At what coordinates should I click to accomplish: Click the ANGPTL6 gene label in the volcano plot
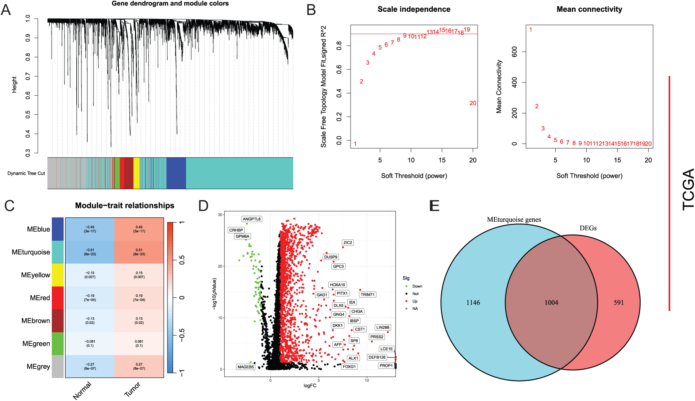coord(252,219)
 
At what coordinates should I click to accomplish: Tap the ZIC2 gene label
coord(348,242)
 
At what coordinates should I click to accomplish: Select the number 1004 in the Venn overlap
coord(551,302)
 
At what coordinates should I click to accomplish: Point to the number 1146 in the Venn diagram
coord(473,302)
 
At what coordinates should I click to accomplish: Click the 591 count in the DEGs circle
coord(618,302)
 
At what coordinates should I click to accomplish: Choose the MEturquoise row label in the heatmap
coord(31,252)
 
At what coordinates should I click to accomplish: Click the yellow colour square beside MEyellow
coord(58,275)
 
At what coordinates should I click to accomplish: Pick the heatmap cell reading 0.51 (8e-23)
coord(139,252)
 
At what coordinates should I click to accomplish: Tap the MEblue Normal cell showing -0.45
coord(90,229)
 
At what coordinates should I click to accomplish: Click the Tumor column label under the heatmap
coord(132,389)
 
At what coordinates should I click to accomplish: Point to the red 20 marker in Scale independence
coord(473,103)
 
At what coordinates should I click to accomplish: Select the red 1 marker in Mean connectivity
coord(530,30)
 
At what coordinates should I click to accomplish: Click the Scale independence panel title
coord(414,9)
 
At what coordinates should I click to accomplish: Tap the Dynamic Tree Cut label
coord(26,173)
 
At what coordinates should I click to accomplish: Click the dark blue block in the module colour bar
coord(176,173)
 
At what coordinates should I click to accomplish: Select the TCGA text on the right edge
coord(688,189)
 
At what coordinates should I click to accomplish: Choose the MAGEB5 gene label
coord(246,367)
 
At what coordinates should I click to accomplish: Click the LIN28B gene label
coord(383,328)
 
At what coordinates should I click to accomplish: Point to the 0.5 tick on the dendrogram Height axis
coord(28,115)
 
